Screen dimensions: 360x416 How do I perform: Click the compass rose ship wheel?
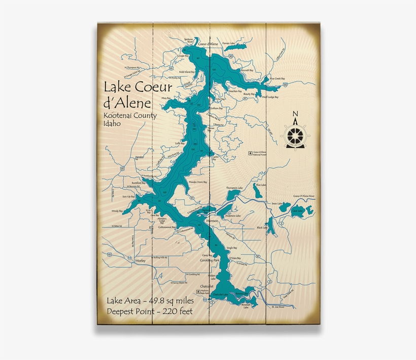[296, 135]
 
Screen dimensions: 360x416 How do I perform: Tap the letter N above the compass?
[296, 114]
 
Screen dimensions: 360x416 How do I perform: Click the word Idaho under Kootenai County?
[112, 124]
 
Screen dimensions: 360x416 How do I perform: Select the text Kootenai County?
[129, 115]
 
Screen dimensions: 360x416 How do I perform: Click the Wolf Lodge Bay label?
[269, 96]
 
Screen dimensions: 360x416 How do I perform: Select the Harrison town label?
[214, 222]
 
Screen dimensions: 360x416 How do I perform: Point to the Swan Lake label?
[276, 203]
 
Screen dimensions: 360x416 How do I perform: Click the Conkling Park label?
[210, 260]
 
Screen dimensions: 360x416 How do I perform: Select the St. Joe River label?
[280, 307]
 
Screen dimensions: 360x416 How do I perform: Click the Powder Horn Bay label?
[198, 182]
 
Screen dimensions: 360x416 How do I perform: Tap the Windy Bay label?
[117, 210]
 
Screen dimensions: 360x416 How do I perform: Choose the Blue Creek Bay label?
[277, 79]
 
